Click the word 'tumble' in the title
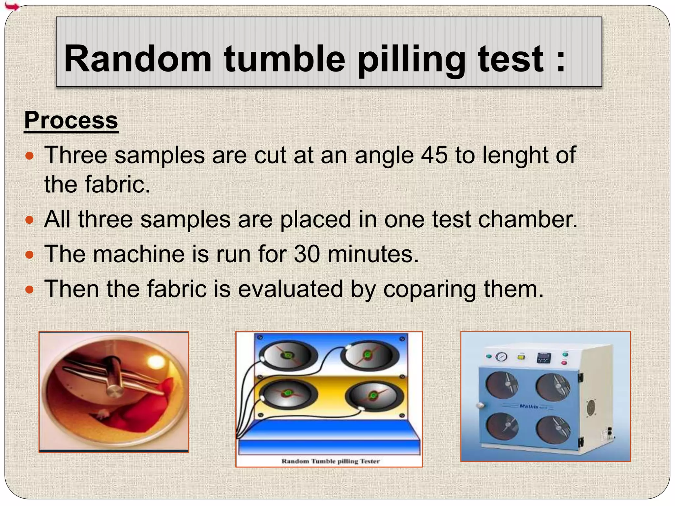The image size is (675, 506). [284, 59]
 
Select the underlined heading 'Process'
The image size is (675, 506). [71, 121]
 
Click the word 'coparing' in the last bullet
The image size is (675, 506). [430, 289]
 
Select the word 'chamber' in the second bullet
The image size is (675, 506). [527, 219]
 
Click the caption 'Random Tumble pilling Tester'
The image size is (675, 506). [330, 461]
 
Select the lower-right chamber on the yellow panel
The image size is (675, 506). [374, 395]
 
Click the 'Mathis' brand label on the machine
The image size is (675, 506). [529, 406]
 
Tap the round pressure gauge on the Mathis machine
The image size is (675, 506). [501, 357]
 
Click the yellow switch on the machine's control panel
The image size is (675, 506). [521, 357]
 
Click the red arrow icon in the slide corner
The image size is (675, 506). [12, 6]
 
